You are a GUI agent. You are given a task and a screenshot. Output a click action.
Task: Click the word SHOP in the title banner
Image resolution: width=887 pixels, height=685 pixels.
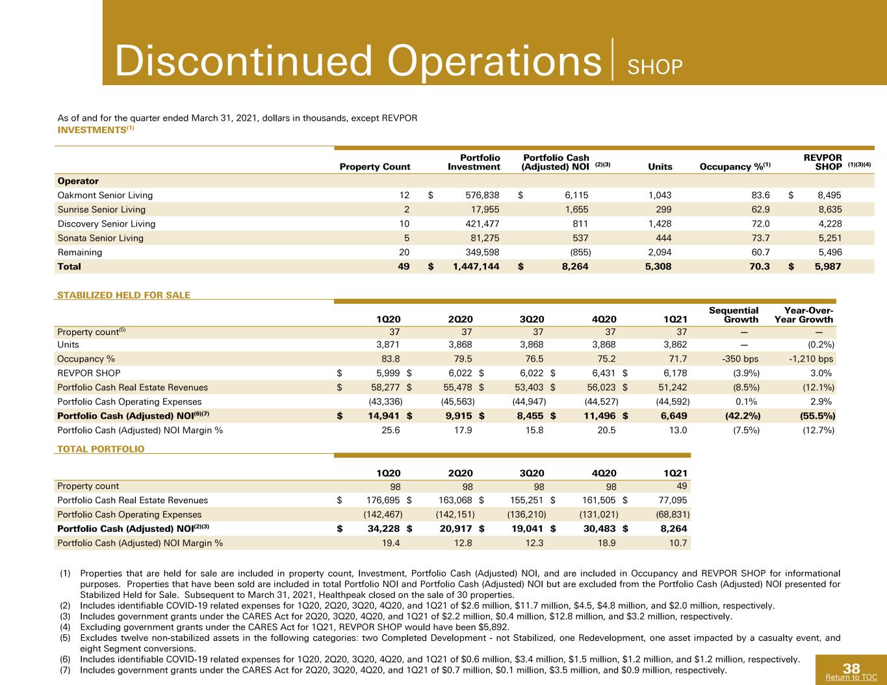(x=655, y=68)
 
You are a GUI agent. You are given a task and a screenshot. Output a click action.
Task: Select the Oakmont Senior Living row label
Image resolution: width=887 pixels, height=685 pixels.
(x=105, y=195)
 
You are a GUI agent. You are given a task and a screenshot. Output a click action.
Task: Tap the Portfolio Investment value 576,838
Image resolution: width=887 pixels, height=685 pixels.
(x=482, y=195)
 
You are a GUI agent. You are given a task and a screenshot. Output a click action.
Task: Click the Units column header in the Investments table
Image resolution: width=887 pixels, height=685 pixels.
(x=660, y=167)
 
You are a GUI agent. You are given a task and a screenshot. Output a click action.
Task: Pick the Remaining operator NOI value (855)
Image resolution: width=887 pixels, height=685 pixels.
(x=580, y=253)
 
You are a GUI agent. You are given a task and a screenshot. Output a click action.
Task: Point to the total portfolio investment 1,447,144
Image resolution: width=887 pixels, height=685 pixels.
(x=476, y=267)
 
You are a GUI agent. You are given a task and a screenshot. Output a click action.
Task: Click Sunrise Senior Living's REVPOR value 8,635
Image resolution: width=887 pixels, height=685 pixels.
(x=829, y=210)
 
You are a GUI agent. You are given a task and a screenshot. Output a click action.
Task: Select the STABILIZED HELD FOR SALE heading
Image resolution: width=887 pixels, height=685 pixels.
(x=123, y=295)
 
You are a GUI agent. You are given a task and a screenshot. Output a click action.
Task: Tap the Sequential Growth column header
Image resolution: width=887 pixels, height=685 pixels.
(x=734, y=315)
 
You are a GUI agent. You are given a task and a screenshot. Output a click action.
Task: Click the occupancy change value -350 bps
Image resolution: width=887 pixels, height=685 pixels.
(x=740, y=359)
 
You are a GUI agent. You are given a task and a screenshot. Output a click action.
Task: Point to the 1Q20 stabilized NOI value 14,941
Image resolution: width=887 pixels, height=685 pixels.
(x=384, y=416)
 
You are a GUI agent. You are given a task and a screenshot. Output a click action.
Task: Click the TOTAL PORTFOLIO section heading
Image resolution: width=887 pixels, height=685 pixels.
(x=101, y=449)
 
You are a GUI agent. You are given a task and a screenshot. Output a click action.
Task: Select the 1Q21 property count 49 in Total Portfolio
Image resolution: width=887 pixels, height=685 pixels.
(x=682, y=486)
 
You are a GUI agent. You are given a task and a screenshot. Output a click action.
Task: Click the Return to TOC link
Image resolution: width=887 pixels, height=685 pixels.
(x=851, y=677)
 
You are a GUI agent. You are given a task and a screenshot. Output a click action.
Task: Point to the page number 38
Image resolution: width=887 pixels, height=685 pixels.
(x=851, y=669)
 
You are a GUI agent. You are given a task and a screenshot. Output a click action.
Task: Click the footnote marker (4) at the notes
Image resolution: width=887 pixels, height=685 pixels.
(x=66, y=627)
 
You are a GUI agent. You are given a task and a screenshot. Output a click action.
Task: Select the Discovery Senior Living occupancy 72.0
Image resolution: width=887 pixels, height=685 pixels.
(x=760, y=224)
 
